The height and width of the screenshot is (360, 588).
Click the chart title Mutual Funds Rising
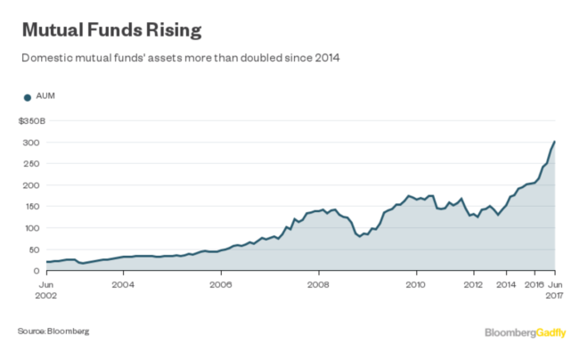(110, 30)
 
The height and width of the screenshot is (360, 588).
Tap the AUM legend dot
(28, 97)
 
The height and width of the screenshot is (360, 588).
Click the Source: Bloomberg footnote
(53, 331)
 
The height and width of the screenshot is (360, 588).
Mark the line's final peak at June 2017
(555, 142)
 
